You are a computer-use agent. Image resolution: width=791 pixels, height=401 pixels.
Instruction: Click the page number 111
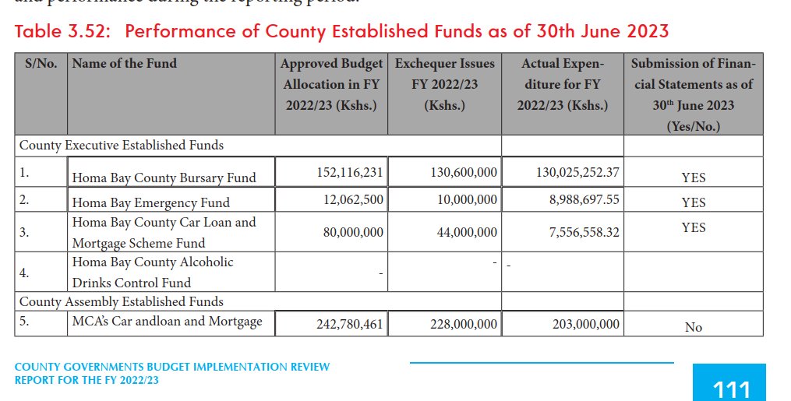(x=730, y=389)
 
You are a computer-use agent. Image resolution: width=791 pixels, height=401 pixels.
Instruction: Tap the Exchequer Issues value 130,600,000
(x=464, y=172)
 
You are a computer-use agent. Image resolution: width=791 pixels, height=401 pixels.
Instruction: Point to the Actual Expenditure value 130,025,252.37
(x=577, y=172)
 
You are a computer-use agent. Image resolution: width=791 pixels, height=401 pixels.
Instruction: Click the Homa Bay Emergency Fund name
(x=150, y=202)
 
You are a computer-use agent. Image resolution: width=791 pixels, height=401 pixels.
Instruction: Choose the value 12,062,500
(x=353, y=200)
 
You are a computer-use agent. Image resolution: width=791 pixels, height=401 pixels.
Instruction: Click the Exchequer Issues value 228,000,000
(x=464, y=324)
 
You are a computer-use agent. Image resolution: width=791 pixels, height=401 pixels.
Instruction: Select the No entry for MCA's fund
(x=693, y=327)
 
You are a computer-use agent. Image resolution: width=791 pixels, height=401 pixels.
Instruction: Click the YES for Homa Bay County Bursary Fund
(x=693, y=178)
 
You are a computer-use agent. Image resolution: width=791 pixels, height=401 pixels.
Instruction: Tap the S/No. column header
(x=41, y=64)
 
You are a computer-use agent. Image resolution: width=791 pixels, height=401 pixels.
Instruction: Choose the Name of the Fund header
(x=124, y=64)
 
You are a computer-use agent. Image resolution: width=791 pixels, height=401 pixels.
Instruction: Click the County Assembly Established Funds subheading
(x=121, y=301)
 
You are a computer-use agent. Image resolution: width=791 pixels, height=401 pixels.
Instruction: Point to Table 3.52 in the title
(x=64, y=31)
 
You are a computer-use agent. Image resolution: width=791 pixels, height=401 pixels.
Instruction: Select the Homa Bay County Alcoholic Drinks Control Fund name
(x=153, y=273)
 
